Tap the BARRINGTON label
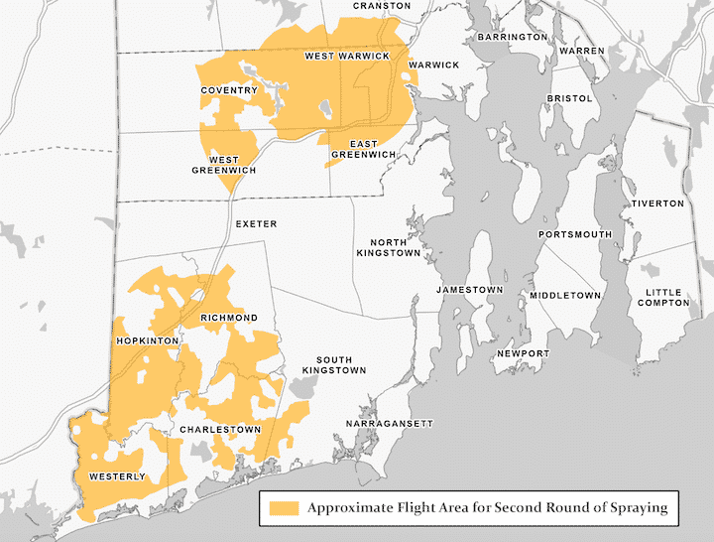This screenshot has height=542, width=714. (512, 37)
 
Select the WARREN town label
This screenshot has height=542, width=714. (581, 50)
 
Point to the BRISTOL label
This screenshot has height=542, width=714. (570, 99)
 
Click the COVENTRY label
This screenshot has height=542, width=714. (229, 90)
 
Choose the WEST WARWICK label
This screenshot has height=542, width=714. (346, 57)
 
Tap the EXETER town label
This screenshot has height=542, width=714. (256, 224)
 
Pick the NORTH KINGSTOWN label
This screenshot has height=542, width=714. (397, 247)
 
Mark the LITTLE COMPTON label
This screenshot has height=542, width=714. (665, 297)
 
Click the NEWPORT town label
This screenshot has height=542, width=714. (523, 353)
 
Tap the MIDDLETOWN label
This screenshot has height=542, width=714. (565, 296)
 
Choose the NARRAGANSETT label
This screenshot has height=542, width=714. (390, 424)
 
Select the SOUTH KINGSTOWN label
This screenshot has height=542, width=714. (341, 364)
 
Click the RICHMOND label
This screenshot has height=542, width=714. (229, 318)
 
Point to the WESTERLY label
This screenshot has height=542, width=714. (117, 476)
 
